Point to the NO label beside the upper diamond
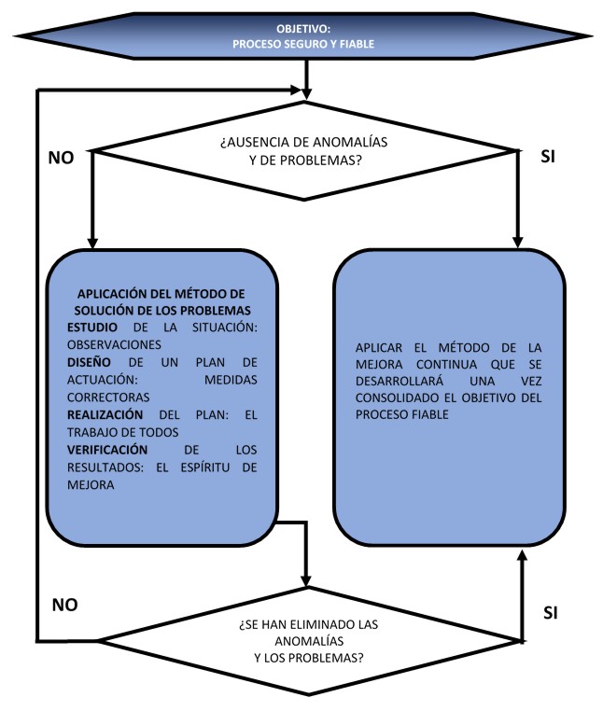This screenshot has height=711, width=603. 62,157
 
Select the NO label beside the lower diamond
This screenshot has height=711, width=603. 63,604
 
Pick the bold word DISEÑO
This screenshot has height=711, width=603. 90,360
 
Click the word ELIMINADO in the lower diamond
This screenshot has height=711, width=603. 329,625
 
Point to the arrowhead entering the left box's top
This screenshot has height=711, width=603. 91,241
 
